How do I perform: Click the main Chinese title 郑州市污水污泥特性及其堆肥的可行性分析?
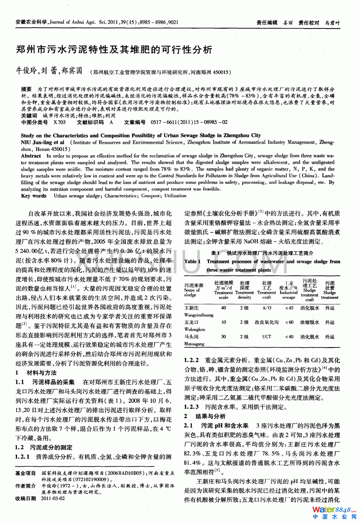click(x=114, y=50)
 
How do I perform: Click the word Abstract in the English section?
click(x=31, y=156)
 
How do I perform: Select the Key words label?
click(x=34, y=196)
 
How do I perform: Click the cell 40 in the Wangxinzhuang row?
click(x=223, y=308)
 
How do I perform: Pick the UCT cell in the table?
click(x=266, y=337)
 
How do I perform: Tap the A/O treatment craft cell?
click(x=266, y=308)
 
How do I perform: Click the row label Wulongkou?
click(x=194, y=329)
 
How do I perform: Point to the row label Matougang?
click(x=194, y=344)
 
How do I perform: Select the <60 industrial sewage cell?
click(x=289, y=322)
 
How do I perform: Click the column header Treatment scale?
click(x=223, y=295)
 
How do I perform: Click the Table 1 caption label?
click(x=192, y=261)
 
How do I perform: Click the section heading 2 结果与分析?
click(x=205, y=416)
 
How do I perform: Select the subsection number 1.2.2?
click(x=192, y=360)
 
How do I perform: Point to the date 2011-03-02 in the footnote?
click(x=53, y=498)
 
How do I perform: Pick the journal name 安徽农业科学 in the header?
click(x=31, y=22)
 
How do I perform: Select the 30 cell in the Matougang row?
click(x=223, y=337)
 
